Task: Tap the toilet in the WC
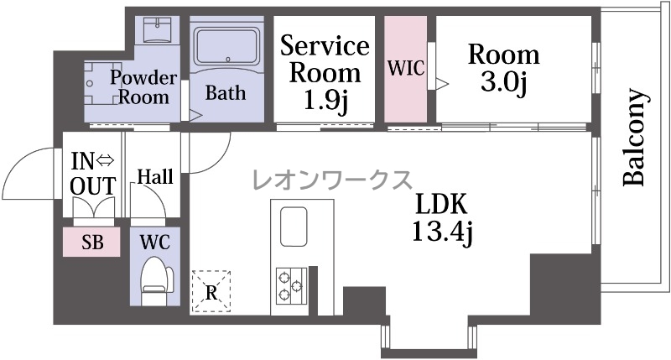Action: click(x=157, y=280)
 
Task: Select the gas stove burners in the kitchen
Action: click(x=291, y=285)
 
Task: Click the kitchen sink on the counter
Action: click(x=294, y=227)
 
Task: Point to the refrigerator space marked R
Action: click(x=211, y=291)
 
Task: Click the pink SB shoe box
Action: click(x=91, y=243)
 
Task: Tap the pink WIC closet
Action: click(x=405, y=70)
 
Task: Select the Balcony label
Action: click(x=633, y=137)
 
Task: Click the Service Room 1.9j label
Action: click(x=325, y=74)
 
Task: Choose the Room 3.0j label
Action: click(x=504, y=68)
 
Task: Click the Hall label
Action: click(x=155, y=177)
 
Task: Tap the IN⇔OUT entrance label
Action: click(x=93, y=174)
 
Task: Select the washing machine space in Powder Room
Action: click(x=100, y=83)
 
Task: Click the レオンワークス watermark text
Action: click(x=332, y=180)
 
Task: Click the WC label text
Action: click(x=155, y=243)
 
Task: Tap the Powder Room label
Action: click(x=143, y=87)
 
